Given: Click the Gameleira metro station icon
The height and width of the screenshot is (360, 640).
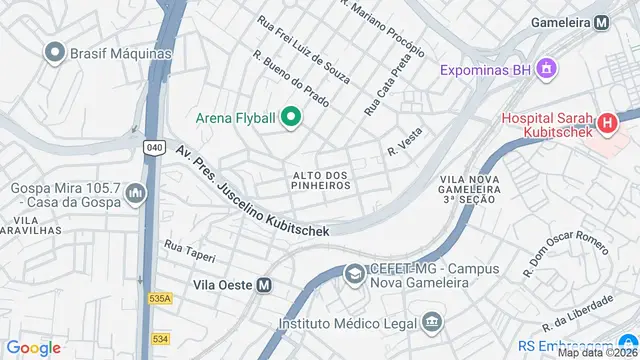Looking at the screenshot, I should click(x=601, y=22).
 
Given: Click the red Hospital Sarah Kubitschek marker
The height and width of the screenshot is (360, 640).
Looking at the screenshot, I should click(x=606, y=125).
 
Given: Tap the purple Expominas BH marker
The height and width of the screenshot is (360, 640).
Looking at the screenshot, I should click(x=545, y=70).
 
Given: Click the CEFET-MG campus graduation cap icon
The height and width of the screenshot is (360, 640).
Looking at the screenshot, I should click(x=354, y=273).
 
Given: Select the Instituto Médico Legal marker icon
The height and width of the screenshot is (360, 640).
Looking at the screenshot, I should click(x=431, y=322).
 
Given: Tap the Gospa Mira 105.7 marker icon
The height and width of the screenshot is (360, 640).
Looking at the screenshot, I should click(x=135, y=194).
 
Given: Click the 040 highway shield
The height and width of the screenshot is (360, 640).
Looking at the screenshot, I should click(x=154, y=147).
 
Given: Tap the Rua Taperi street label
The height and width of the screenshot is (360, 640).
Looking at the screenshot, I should click(x=189, y=246).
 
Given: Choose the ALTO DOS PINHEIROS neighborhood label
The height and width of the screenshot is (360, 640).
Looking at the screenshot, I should click(x=321, y=180).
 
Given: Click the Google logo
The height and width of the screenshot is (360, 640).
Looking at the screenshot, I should click(x=33, y=347).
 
